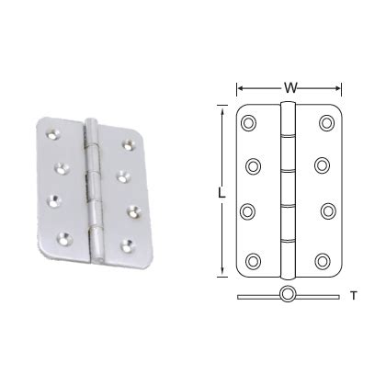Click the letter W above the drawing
click(x=289, y=88)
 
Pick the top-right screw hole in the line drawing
click(x=326, y=123)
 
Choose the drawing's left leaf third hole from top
click(x=250, y=210)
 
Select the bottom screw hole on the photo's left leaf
click(x=64, y=237)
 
